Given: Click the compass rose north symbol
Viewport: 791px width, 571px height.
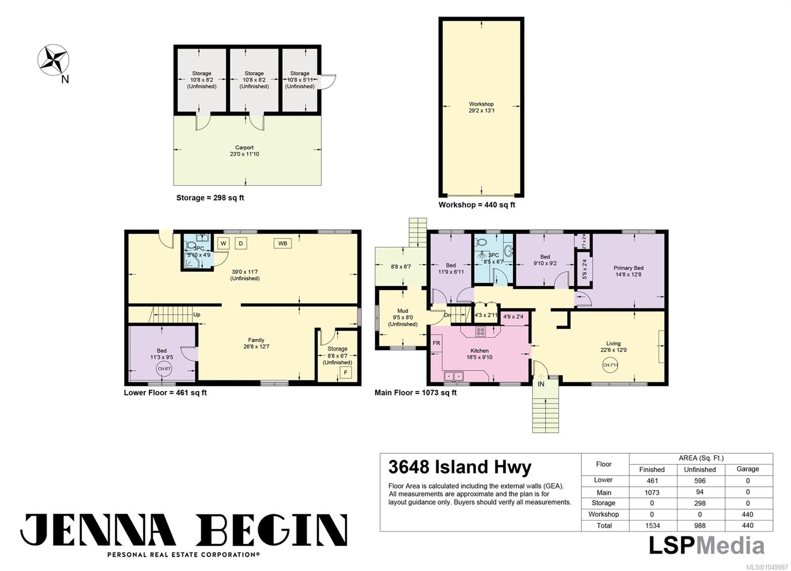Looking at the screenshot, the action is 53,60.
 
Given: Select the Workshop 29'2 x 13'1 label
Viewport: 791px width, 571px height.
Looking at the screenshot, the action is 482,107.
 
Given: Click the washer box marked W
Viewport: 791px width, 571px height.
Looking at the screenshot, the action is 223,243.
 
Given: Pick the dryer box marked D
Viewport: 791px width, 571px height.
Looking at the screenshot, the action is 241,243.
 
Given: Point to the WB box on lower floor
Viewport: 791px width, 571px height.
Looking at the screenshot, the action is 282,243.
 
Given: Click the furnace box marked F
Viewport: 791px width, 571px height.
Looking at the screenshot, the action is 346,372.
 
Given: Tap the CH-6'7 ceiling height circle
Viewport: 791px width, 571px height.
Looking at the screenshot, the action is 164,369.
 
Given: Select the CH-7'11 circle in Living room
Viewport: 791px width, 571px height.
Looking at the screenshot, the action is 610,365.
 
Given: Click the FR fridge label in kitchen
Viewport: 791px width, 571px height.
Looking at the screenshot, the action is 437,343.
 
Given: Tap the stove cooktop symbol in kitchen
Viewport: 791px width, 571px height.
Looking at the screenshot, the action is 480,331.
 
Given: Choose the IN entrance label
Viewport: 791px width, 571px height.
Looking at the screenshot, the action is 541,384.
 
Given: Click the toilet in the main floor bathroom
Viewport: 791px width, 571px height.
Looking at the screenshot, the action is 481,242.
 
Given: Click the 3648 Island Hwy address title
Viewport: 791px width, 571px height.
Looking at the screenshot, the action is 460,467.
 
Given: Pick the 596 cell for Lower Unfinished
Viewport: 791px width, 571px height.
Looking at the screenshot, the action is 700,481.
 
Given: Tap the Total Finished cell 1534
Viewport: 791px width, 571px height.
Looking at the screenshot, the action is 652,526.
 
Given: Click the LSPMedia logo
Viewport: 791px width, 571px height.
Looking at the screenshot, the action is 706,545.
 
